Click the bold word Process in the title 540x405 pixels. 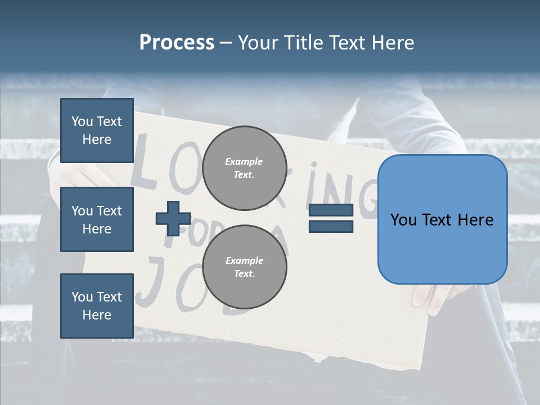tap(177, 43)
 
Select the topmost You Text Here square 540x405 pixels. tap(97, 130)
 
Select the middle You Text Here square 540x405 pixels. tap(97, 219)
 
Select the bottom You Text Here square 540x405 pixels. tap(97, 305)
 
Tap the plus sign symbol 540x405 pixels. tap(173, 218)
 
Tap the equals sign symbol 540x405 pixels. tap(331, 218)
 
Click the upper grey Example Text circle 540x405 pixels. tap(244, 168)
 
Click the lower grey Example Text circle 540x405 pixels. tap(244, 267)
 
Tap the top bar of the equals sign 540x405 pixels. tap(331, 210)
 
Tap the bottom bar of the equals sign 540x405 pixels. tap(331, 226)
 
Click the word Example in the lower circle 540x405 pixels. tap(244, 260)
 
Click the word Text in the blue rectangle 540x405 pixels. tap(442, 220)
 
